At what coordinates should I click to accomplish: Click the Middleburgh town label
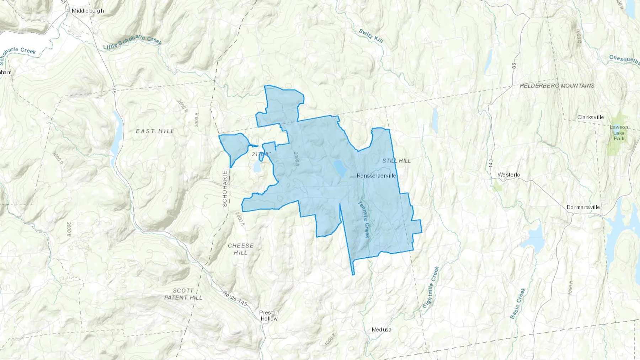pyautogui.click(x=88, y=11)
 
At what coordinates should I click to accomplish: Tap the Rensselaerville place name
pyautogui.click(x=376, y=176)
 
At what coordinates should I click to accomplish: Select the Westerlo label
pyautogui.click(x=508, y=174)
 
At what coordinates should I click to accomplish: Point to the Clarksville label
pyautogui.click(x=591, y=117)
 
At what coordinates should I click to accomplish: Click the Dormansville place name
pyautogui.click(x=583, y=207)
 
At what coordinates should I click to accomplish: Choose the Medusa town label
pyautogui.click(x=382, y=329)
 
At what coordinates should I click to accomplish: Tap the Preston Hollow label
pyautogui.click(x=269, y=316)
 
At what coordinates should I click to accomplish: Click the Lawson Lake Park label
pyautogui.click(x=619, y=133)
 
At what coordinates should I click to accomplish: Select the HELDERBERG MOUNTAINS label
pyautogui.click(x=557, y=86)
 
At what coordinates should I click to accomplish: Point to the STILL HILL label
pyautogui.click(x=396, y=161)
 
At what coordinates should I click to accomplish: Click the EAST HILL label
pyautogui.click(x=155, y=131)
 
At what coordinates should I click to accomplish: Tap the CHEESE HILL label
pyautogui.click(x=241, y=249)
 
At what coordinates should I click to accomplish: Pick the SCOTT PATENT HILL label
pyautogui.click(x=183, y=294)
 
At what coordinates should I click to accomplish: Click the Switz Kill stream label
pyautogui.click(x=371, y=36)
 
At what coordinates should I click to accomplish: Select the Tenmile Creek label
pyautogui.click(x=364, y=219)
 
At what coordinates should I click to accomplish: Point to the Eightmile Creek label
pyautogui.click(x=431, y=287)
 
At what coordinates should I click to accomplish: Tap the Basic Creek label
pyautogui.click(x=518, y=303)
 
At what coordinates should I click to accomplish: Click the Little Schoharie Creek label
pyautogui.click(x=133, y=42)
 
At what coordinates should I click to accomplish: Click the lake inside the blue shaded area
pyautogui.click(x=340, y=168)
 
